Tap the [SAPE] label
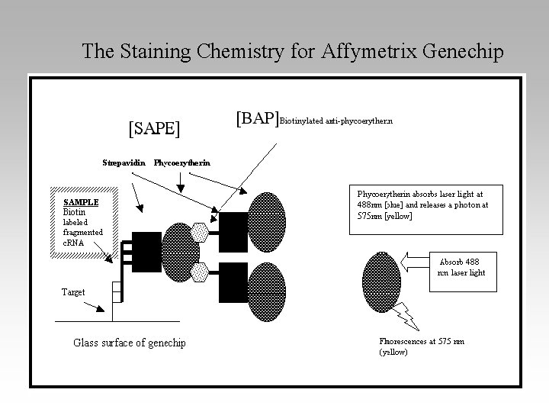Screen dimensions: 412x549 coord(154,127)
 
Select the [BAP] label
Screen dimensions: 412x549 coord(257,118)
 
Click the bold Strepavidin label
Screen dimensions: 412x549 coord(124,162)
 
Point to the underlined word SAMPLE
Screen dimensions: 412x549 coord(81,201)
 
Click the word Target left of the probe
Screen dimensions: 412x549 coord(74,291)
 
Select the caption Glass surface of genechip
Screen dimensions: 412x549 coord(129,343)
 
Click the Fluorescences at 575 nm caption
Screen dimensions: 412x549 coord(421,346)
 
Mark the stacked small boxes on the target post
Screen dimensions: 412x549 coord(116,291)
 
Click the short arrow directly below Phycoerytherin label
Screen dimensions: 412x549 coord(180,181)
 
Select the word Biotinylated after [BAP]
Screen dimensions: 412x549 coord(302,121)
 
